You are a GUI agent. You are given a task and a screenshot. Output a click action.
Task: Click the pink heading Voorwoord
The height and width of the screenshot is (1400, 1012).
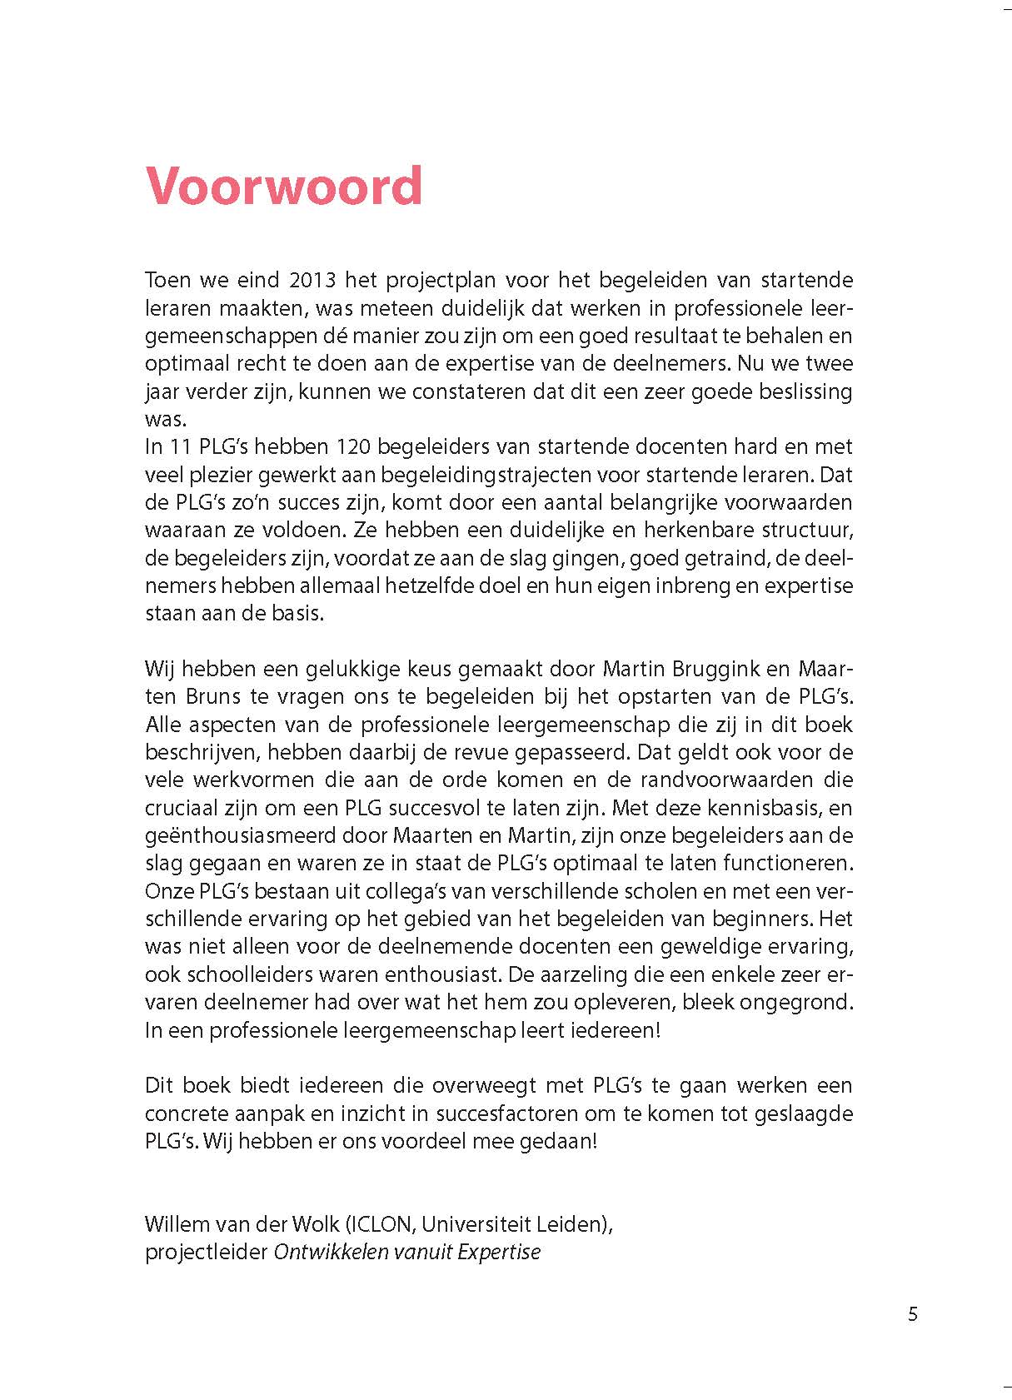pyautogui.click(x=284, y=187)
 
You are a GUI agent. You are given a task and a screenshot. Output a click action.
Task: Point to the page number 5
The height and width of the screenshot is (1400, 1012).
pyautogui.click(x=913, y=1314)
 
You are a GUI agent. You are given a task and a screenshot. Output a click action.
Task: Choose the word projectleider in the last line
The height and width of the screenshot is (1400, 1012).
pyautogui.click(x=206, y=1252)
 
